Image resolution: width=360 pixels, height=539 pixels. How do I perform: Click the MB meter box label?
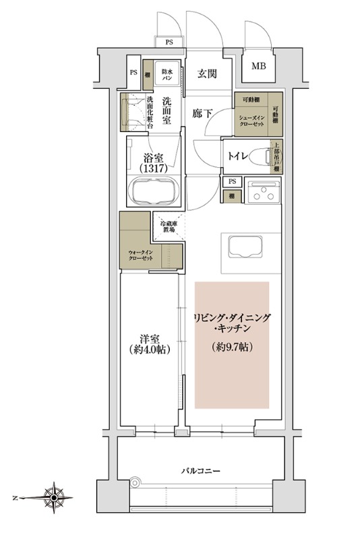(258, 66)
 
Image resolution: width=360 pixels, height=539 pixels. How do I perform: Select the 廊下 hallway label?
(202, 114)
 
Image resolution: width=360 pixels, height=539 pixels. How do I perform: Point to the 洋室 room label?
(149, 336)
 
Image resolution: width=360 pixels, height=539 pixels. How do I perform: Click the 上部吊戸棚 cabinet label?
(276, 158)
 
